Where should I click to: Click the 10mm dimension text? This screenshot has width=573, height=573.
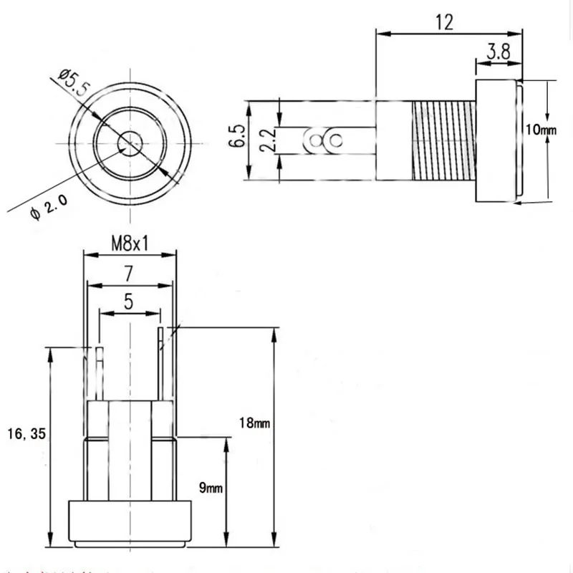pyautogui.click(x=540, y=130)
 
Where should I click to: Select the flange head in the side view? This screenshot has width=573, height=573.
pyautogui.click(x=498, y=140)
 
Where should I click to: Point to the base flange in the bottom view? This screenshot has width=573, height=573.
pyautogui.click(x=130, y=521)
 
